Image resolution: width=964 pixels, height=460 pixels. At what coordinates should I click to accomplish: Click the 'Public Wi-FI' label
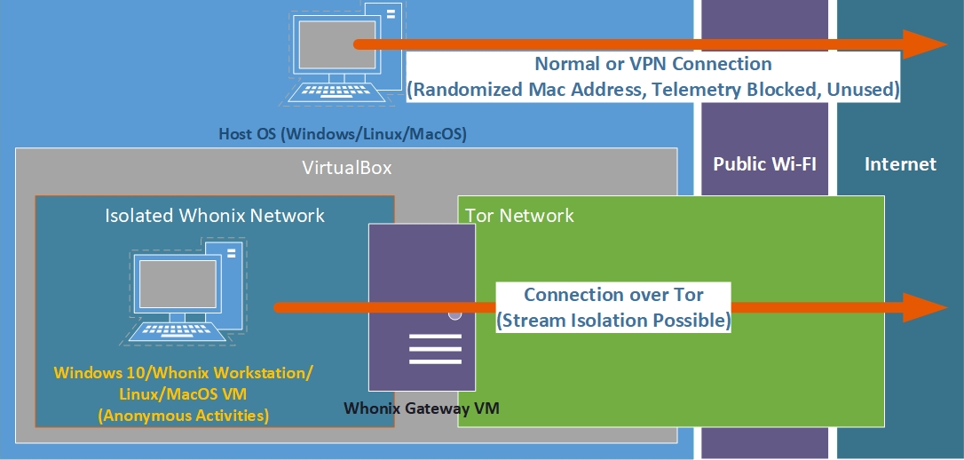pos(764,164)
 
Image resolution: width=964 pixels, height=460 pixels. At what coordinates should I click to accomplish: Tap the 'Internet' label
pos(900,164)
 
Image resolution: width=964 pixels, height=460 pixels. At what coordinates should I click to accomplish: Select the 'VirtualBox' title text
pos(347,168)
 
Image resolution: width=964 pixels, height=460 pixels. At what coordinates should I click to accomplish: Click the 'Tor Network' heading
pos(519,216)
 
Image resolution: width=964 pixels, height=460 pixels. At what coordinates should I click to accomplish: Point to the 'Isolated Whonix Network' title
pos(215,216)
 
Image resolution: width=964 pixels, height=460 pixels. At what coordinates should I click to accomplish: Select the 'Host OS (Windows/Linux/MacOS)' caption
pos(343,135)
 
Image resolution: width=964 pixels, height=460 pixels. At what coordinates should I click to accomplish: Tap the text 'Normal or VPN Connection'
pos(652,65)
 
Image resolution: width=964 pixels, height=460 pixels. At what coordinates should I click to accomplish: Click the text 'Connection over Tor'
pos(613,295)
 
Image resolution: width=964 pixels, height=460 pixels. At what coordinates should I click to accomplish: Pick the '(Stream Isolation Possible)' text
pos(613,320)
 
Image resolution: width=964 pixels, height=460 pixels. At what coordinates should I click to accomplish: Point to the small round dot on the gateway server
pos(455,313)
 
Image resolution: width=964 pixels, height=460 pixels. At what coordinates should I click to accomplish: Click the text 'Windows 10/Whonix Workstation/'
pos(184,372)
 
